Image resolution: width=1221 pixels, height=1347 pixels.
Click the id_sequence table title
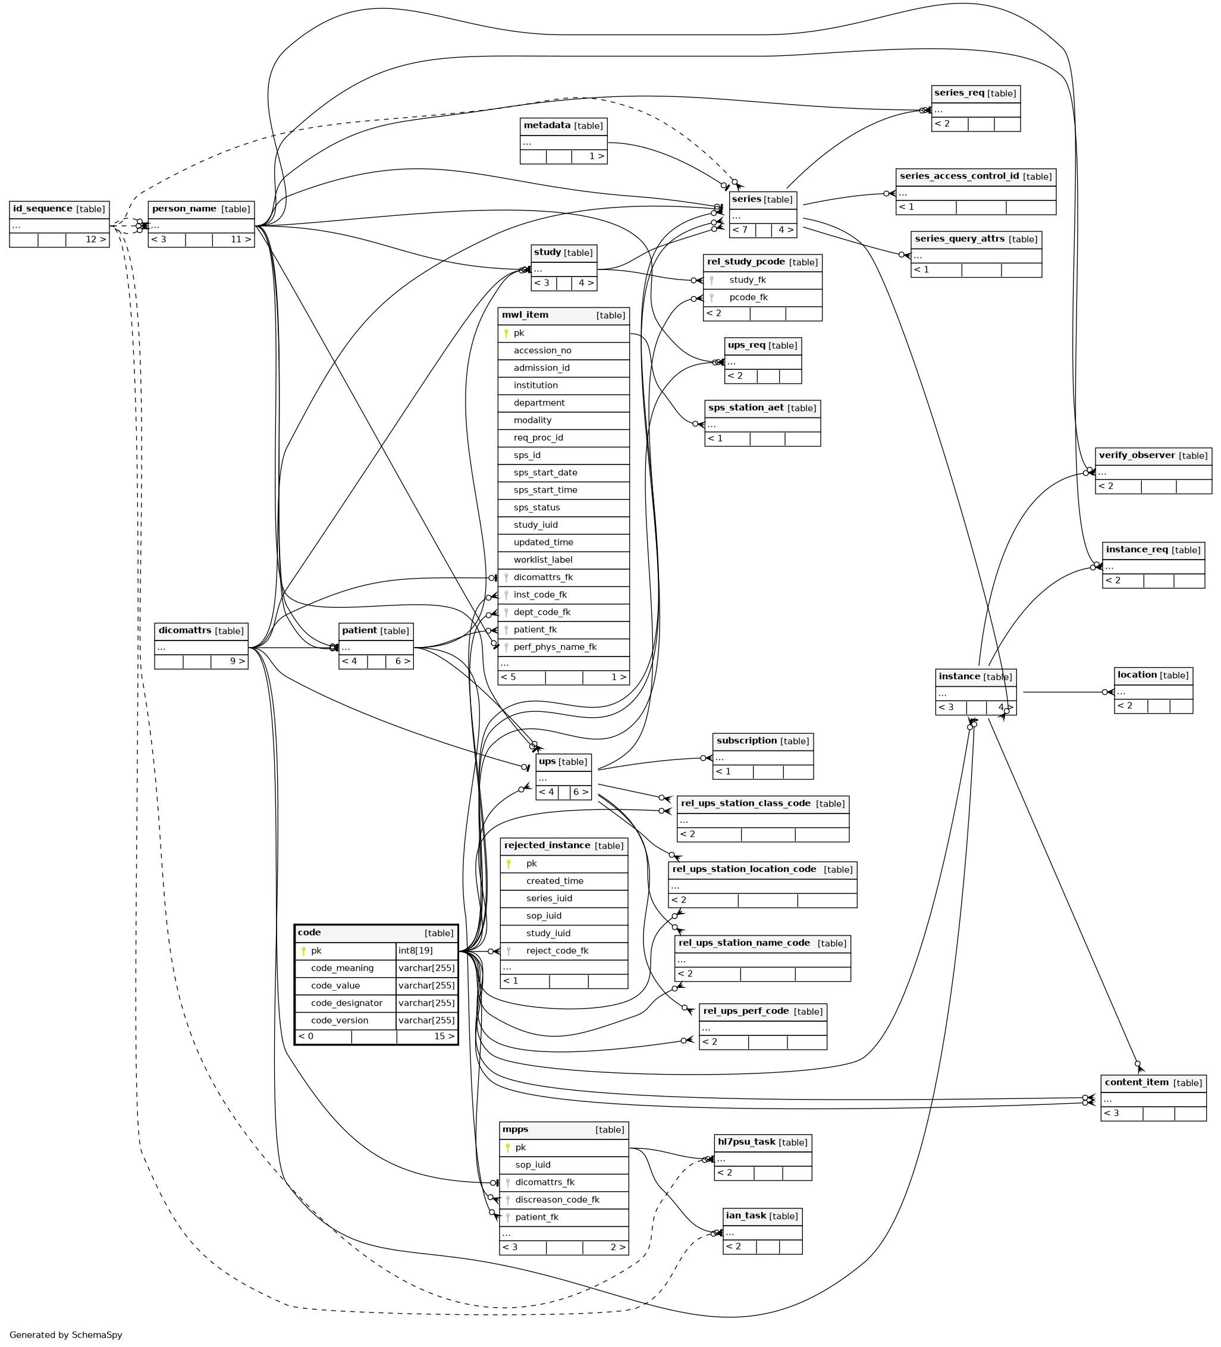click(59, 209)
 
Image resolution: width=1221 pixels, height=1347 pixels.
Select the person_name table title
click(201, 209)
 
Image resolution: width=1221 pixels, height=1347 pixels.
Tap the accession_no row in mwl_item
click(563, 350)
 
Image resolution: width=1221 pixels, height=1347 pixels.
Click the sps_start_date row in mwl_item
click(563, 472)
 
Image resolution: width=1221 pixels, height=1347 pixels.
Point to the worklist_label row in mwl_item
click(563, 560)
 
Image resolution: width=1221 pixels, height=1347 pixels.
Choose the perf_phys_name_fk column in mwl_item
click(563, 647)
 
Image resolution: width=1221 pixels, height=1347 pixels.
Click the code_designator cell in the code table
click(346, 1003)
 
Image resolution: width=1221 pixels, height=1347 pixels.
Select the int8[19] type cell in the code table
click(426, 951)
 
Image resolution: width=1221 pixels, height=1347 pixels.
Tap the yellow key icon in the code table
click(303, 951)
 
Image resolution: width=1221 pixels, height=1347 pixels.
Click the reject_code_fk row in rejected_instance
click(563, 951)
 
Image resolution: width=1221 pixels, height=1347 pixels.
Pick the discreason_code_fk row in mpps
click(563, 1200)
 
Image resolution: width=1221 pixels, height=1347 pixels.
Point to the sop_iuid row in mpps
click(563, 1164)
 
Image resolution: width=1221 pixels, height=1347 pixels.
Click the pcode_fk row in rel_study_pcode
click(762, 297)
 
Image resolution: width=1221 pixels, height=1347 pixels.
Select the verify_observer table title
click(1153, 456)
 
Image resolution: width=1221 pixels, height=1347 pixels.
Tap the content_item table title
click(1153, 1082)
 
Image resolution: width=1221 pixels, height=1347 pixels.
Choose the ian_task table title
click(762, 1216)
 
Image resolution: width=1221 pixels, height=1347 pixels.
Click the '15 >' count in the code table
click(444, 1037)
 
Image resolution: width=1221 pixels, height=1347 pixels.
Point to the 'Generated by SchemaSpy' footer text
click(65, 1335)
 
